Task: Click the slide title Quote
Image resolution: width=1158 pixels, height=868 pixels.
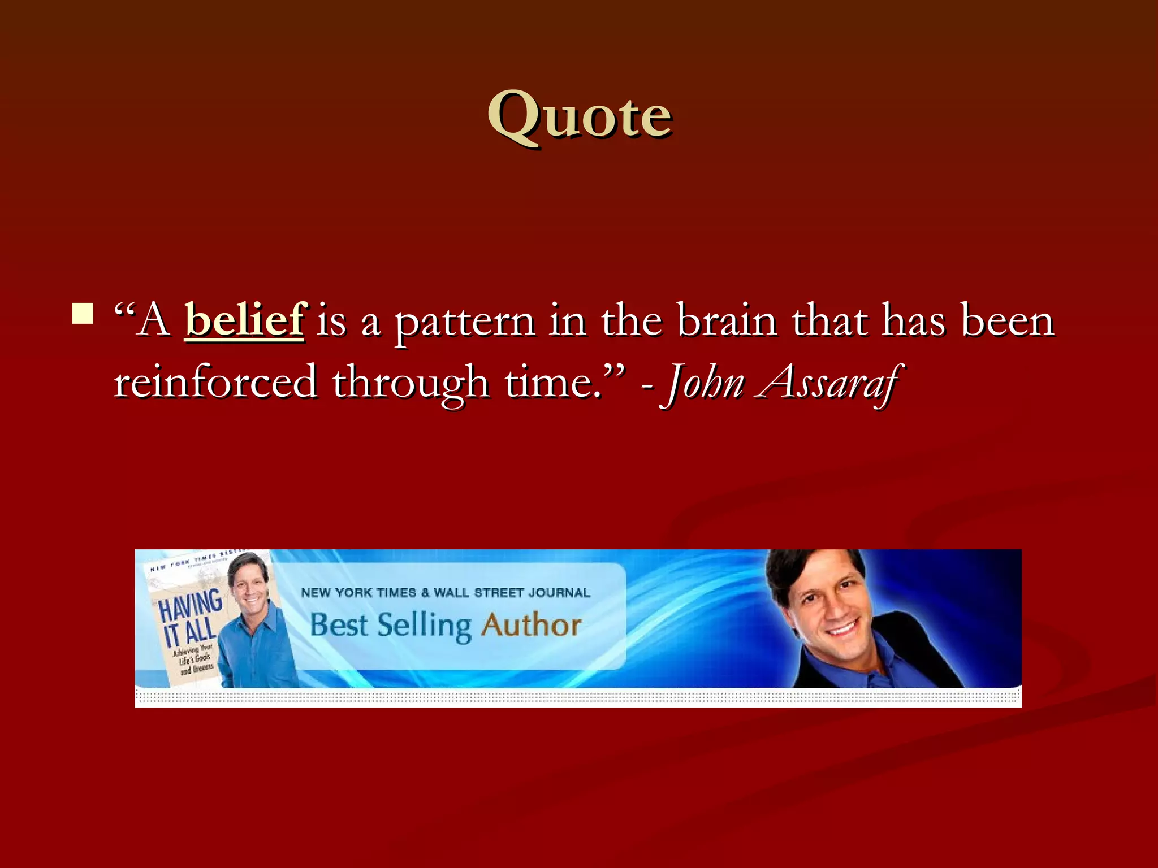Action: (580, 116)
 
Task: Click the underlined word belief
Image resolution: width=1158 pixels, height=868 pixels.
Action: (245, 320)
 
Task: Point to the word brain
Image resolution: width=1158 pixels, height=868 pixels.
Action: (727, 320)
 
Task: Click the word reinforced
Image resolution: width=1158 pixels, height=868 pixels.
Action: (215, 383)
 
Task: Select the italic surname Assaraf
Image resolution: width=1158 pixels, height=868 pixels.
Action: (828, 383)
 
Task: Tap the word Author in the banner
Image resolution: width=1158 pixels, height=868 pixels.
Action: (531, 625)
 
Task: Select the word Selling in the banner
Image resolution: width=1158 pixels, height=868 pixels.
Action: (424, 626)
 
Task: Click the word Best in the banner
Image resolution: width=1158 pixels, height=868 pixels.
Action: (339, 625)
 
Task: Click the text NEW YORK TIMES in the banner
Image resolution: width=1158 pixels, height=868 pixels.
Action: (358, 592)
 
